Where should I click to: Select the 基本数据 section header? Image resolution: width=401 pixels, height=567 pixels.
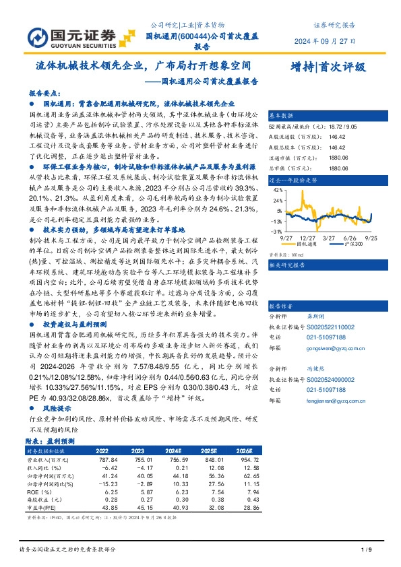[282, 114]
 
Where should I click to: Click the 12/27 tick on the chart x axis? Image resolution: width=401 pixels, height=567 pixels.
[309, 238]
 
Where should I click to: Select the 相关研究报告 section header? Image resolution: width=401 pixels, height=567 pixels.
[287, 265]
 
